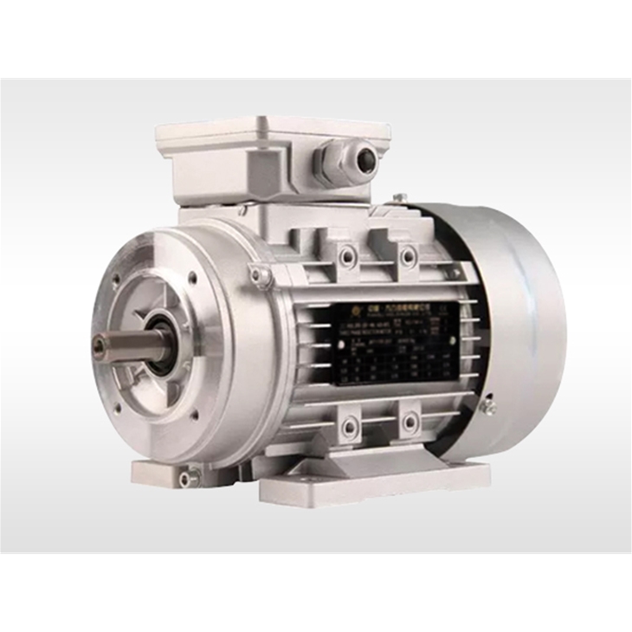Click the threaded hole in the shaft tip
(98, 345)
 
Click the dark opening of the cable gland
(367, 159)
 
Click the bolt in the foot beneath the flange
(184, 478)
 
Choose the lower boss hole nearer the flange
(349, 427)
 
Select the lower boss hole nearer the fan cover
(405, 423)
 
